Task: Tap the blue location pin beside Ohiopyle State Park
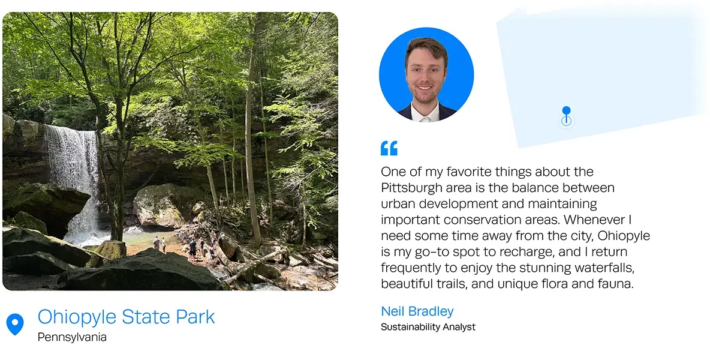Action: (x=15, y=324)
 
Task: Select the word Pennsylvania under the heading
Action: (x=72, y=337)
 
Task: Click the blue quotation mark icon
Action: (x=389, y=148)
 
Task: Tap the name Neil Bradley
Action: (x=417, y=311)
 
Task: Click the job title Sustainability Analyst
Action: (x=428, y=327)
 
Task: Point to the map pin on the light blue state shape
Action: (x=566, y=116)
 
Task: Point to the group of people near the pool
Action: (x=189, y=246)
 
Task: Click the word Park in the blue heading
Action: (x=195, y=317)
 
